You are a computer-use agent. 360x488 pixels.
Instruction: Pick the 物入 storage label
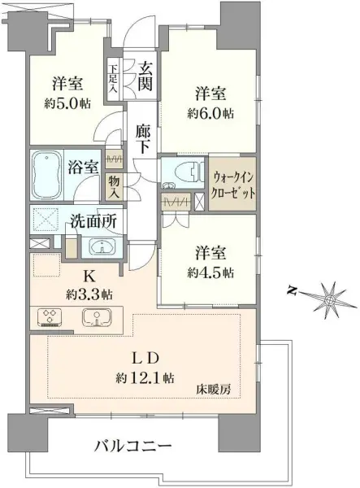click(x=114, y=187)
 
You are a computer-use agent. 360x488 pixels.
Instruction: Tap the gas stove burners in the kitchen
click(x=49, y=317)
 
